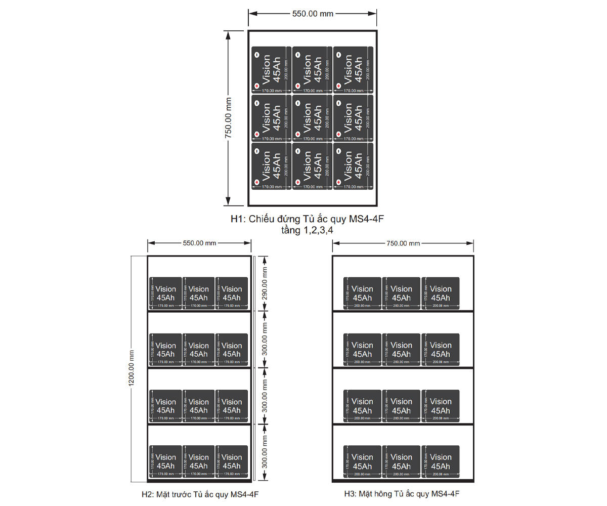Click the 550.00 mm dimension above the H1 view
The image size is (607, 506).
pos(313,14)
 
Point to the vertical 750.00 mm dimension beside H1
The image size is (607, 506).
pos(228,118)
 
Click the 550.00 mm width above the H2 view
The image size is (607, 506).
pos(199,243)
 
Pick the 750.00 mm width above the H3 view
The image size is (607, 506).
pos(403,243)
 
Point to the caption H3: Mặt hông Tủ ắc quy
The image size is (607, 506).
pos(402,494)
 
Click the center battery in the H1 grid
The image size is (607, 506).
pos(310,118)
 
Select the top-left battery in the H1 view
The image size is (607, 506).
pos(269,70)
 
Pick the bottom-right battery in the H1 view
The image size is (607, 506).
pos(350,166)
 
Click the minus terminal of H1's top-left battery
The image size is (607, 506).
pos(256,55)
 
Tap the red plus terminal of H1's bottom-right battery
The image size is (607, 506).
pos(337,182)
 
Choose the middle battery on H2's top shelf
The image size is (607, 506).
pos(198,292)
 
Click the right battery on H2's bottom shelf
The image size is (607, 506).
pos(231,461)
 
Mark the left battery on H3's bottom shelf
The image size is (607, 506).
pos(362,461)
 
